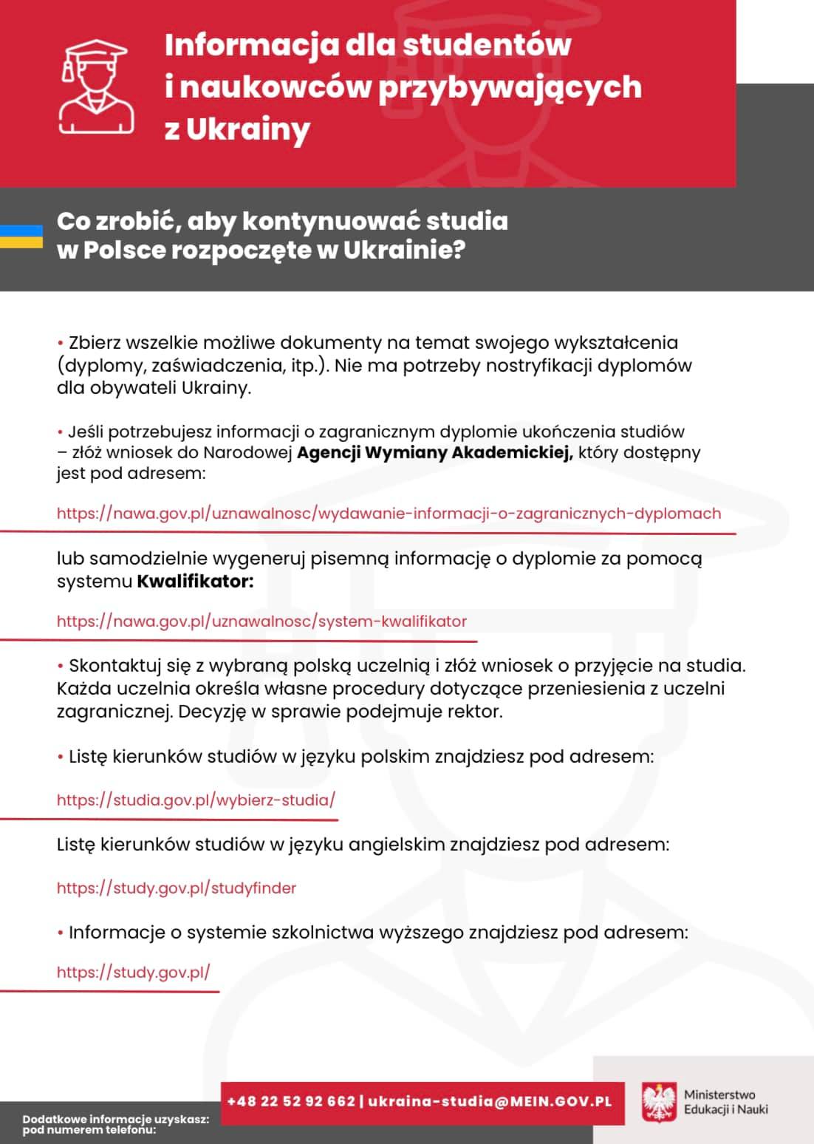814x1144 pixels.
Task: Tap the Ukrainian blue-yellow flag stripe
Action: click(x=21, y=236)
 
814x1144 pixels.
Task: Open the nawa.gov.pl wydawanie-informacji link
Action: click(x=389, y=513)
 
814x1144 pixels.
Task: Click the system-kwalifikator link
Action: click(x=261, y=621)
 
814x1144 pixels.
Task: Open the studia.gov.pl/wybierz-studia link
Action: click(x=196, y=800)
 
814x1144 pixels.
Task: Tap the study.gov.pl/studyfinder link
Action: click(x=177, y=888)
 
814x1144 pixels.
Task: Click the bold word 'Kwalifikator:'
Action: click(x=195, y=582)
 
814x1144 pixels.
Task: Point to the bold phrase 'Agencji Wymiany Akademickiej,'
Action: click(x=435, y=452)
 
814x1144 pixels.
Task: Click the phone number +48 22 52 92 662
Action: click(x=291, y=1101)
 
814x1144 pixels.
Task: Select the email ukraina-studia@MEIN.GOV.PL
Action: click(x=490, y=1101)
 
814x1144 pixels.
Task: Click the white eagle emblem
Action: click(x=659, y=1103)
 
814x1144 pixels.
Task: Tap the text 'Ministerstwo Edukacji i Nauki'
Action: click(x=725, y=1102)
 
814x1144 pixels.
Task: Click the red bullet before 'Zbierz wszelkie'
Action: click(x=61, y=344)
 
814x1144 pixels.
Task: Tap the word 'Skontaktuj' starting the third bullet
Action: click(x=110, y=666)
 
